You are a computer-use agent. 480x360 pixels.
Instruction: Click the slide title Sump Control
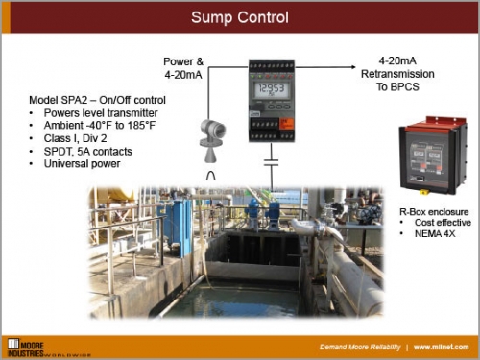[x=239, y=17]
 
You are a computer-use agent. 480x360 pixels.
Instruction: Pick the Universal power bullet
[x=84, y=164]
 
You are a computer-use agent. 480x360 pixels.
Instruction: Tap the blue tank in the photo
[x=180, y=226]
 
